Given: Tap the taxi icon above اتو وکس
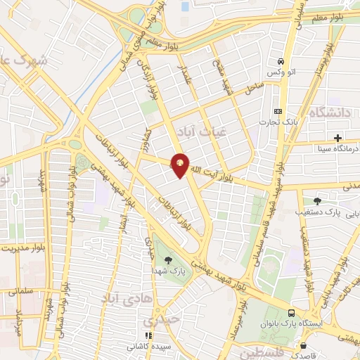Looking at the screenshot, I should click(x=281, y=60).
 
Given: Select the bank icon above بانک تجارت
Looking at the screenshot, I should click(x=278, y=111).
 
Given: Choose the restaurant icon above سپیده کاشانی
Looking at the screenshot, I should click(x=148, y=336).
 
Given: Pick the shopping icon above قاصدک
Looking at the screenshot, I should click(x=303, y=346).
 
